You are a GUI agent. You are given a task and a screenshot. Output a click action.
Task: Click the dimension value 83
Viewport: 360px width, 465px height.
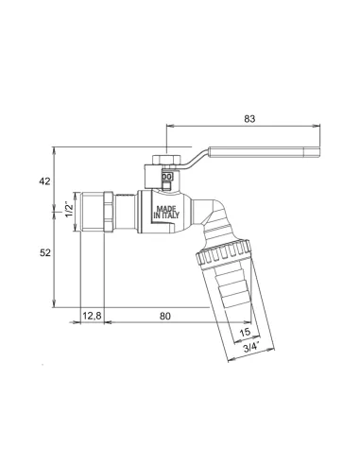[x=249, y=119]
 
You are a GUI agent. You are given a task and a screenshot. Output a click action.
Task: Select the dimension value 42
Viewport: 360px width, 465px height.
[x=45, y=181]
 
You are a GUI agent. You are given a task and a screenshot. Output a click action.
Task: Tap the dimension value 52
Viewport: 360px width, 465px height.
[x=45, y=252]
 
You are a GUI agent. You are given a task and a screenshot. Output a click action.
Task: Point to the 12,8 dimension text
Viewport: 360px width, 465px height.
[x=92, y=316]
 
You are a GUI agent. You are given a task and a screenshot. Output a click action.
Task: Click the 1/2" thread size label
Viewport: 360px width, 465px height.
[x=68, y=207]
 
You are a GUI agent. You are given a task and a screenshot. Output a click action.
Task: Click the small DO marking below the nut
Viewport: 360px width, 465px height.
[x=167, y=177]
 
